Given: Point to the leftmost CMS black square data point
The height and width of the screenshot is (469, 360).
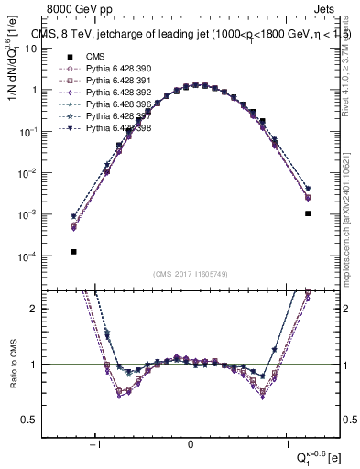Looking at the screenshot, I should pos(73,251).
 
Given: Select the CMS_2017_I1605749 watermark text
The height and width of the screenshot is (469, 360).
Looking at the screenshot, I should pos(191,274).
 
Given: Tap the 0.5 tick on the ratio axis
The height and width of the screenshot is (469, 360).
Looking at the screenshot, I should pos(37,420).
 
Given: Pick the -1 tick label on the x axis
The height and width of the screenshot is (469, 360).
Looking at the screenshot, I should pos(97,444).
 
